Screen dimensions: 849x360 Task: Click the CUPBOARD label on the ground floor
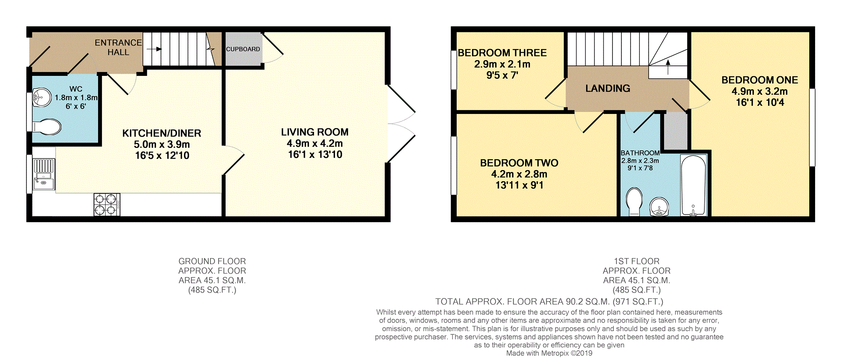coord(243,49)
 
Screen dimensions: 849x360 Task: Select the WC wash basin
coord(41,98)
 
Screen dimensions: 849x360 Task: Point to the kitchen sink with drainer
coord(44,174)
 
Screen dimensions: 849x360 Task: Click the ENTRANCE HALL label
coord(118,47)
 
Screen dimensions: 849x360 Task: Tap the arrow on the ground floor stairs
coord(154,49)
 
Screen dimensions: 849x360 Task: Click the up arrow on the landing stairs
coord(668,67)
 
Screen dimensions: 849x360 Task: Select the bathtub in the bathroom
coord(693,185)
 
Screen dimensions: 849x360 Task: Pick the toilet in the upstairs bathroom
coord(634,201)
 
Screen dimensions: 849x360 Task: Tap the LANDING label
coord(608,88)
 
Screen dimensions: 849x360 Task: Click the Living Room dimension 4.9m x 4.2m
coord(315,143)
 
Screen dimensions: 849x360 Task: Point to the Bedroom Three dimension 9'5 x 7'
coord(502,75)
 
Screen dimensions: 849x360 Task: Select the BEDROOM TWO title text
coord(519,163)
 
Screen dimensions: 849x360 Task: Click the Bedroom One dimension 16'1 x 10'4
coord(760,103)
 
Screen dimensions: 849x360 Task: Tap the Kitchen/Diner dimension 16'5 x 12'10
coord(162,155)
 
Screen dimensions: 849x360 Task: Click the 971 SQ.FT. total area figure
coord(638,302)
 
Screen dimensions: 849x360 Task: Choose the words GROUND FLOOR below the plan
coord(212,261)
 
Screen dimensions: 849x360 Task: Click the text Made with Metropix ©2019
coord(549,353)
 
